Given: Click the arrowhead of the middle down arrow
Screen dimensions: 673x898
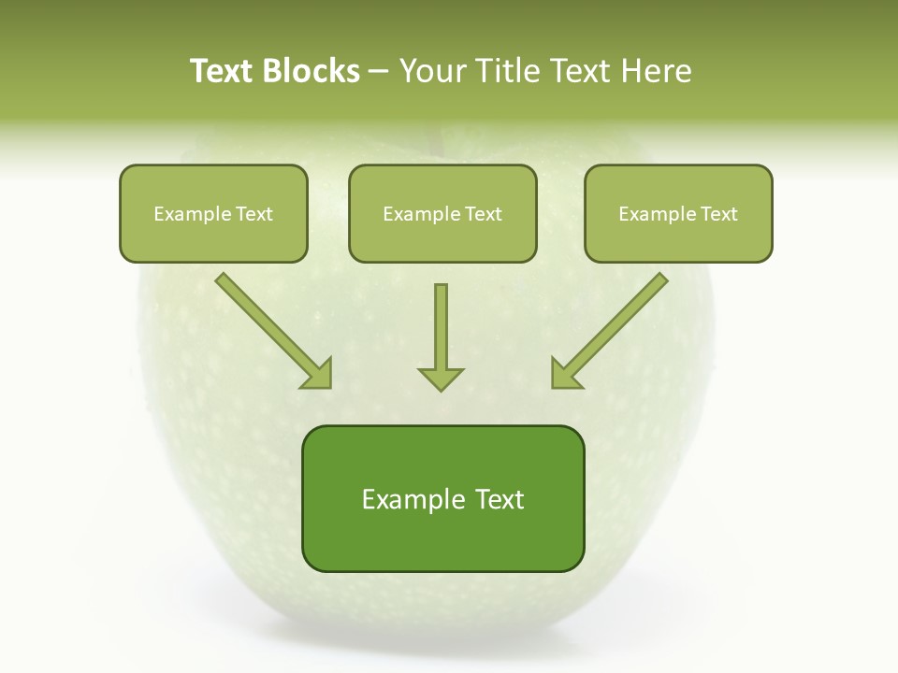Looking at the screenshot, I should tap(441, 379).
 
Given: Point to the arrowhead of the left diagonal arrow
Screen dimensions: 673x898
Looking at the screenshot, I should tap(319, 375).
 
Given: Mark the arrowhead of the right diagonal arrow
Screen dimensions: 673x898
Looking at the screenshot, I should tap(564, 375).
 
